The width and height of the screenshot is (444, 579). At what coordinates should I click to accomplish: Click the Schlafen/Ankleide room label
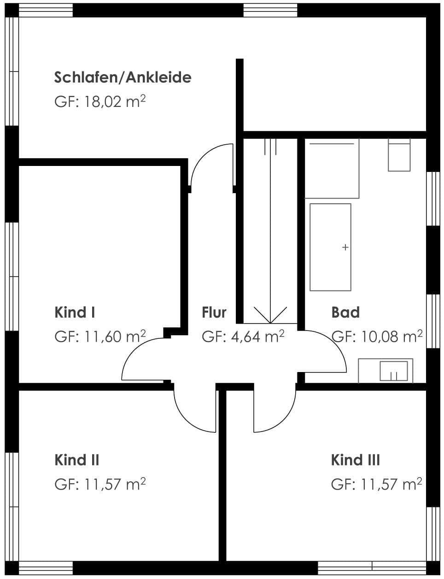pyautogui.click(x=123, y=77)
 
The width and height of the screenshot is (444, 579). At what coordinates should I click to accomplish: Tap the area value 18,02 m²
pyautogui.click(x=115, y=101)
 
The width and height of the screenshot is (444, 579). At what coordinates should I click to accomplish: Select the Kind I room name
pyautogui.click(x=75, y=312)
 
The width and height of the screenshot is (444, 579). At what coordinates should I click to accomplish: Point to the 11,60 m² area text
pyautogui.click(x=115, y=336)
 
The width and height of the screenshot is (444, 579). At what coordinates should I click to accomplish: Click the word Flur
pyautogui.click(x=214, y=312)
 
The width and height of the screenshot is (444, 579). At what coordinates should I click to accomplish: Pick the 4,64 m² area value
pyautogui.click(x=257, y=336)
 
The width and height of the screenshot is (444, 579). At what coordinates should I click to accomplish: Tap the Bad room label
pyautogui.click(x=345, y=312)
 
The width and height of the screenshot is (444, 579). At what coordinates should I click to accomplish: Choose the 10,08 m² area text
pyautogui.click(x=391, y=336)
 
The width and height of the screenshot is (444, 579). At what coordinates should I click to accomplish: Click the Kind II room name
pyautogui.click(x=77, y=460)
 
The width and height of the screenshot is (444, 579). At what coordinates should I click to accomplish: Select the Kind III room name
pyautogui.click(x=356, y=460)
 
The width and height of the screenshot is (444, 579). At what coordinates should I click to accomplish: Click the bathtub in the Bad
pyautogui.click(x=330, y=247)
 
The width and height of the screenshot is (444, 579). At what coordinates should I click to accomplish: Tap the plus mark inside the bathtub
pyautogui.click(x=345, y=248)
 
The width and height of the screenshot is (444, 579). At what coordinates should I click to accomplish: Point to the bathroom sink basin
pyautogui.click(x=393, y=371)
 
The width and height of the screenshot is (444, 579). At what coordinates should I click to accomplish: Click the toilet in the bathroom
pyautogui.click(x=399, y=155)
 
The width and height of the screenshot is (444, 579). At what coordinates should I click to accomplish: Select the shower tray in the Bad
pyautogui.click(x=332, y=168)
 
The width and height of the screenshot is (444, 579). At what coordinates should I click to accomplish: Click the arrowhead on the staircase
pyautogui.click(x=270, y=315)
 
